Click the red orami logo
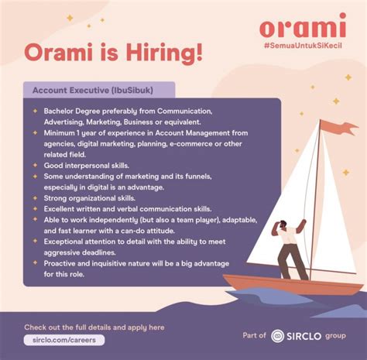click(303, 26)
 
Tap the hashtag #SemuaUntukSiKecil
click(303, 46)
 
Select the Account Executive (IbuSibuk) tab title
click(93, 91)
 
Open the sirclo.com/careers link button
click(64, 340)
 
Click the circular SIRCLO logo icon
click(277, 336)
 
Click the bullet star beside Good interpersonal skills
click(35, 165)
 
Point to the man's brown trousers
click(292, 262)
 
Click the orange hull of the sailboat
click(293, 284)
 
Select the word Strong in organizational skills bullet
click(55, 198)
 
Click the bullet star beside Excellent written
click(35, 208)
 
